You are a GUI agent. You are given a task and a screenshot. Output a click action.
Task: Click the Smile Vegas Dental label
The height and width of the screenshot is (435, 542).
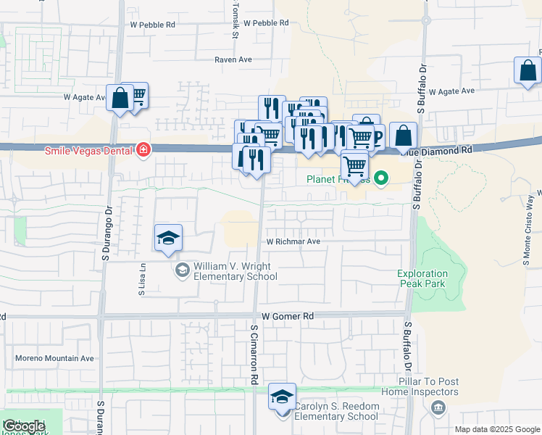[x=89, y=151]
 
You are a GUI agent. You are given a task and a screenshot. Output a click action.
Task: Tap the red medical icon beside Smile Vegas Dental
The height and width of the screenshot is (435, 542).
[x=144, y=150]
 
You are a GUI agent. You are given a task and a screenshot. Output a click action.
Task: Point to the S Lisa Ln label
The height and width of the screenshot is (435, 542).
[x=142, y=279]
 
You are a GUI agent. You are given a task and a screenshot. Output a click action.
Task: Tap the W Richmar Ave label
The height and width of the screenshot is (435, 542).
[x=293, y=241]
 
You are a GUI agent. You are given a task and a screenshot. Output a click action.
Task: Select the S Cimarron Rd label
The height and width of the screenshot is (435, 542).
[x=255, y=354]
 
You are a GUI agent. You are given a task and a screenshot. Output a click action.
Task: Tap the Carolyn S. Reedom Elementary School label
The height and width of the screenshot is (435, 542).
[x=336, y=411]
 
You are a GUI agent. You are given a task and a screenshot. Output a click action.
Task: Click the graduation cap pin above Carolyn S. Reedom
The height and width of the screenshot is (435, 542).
[x=282, y=397]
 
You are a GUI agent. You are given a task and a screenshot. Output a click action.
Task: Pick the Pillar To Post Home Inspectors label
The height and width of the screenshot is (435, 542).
[x=428, y=386]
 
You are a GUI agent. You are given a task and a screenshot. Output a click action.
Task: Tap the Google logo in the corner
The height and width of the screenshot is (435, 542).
[x=24, y=426]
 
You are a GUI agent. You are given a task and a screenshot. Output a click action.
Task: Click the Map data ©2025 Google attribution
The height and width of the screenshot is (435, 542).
[x=498, y=429]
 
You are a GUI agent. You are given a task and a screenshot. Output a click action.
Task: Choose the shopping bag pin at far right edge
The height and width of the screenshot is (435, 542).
[x=528, y=72]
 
